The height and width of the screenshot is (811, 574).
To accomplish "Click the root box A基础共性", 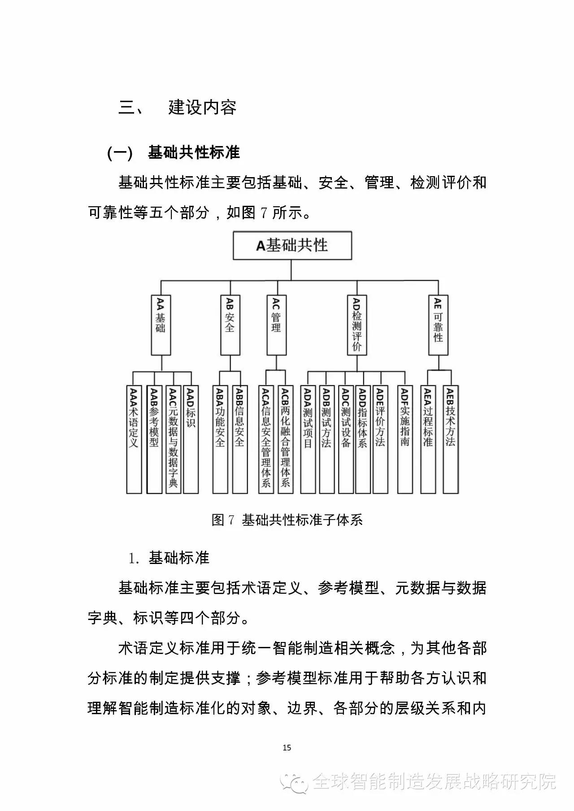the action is click(292, 245).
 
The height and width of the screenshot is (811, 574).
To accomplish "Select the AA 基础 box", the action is click(161, 325).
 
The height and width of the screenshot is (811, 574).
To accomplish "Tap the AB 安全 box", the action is click(230, 325).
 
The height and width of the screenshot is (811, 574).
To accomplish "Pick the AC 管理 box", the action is click(276, 325).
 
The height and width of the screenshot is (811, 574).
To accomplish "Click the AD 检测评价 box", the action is click(357, 325).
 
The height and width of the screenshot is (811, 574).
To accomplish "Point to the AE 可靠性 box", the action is click(438, 325).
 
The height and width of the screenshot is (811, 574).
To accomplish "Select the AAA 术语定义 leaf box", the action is click(134, 439).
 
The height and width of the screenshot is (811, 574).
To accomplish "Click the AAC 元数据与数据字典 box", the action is click(173, 439).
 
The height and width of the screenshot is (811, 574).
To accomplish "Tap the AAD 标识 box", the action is click(191, 439).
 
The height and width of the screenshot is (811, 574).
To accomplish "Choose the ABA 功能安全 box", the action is click(220, 439).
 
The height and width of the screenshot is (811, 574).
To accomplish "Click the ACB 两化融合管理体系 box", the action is click(285, 439).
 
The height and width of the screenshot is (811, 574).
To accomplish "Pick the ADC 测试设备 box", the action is click(345, 439).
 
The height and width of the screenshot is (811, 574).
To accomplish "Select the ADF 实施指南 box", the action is click(405, 439).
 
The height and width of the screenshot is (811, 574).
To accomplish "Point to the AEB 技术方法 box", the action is click(451, 439).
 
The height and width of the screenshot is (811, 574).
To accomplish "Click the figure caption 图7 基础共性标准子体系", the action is click(287, 520).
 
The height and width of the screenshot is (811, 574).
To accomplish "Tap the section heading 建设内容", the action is click(202, 108).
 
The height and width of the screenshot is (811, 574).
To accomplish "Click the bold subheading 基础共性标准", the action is click(194, 153).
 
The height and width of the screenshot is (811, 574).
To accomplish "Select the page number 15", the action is click(287, 747).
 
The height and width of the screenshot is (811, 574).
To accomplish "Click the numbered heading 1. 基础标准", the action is click(169, 558).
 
